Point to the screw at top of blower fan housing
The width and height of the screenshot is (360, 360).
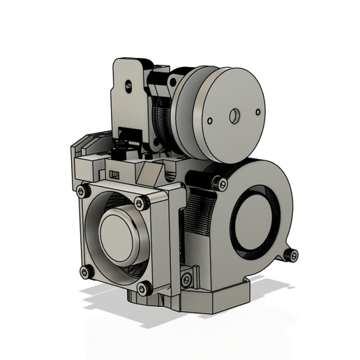[x=222, y=183]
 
